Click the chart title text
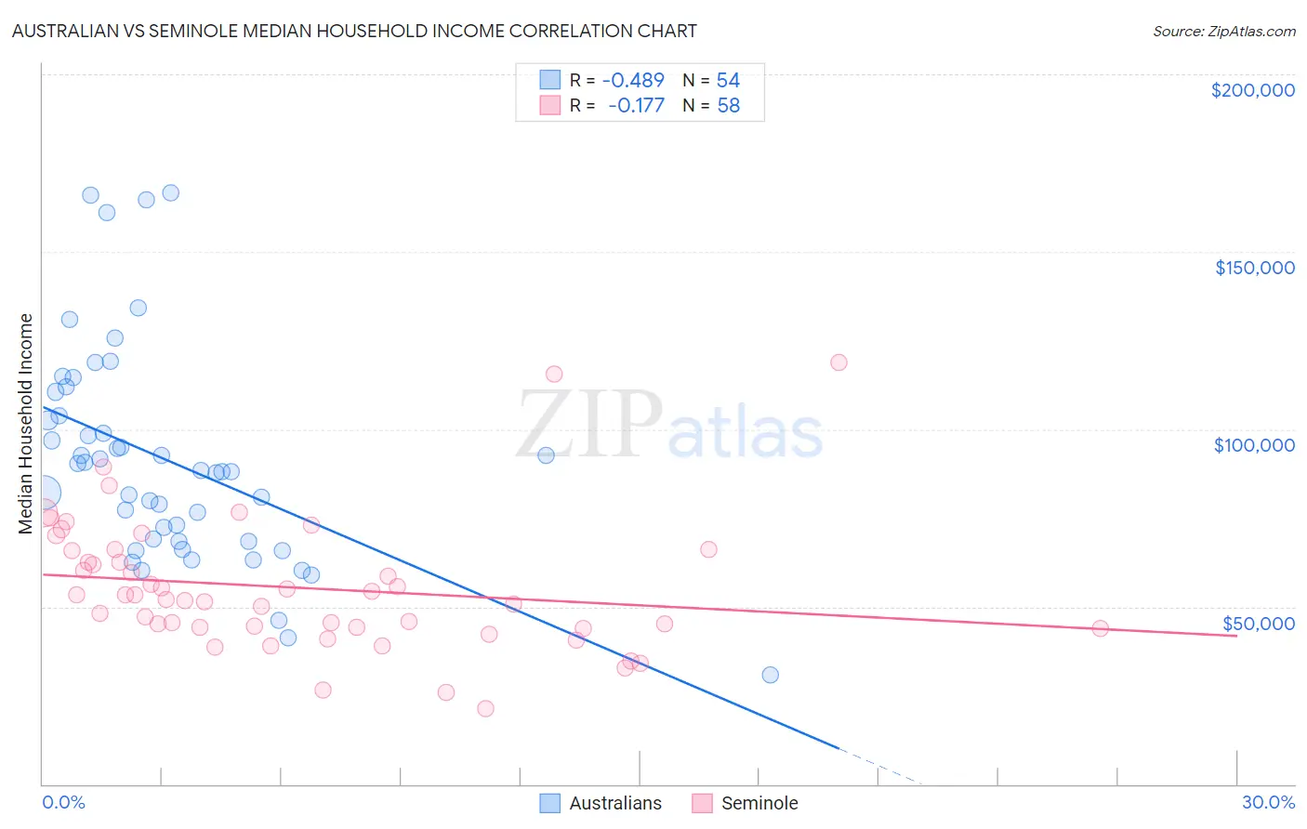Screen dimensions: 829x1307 click(354, 31)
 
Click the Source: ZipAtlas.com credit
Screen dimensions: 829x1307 click(1223, 31)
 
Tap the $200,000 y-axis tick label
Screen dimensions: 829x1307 click(1252, 90)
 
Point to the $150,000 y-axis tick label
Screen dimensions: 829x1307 click(1254, 268)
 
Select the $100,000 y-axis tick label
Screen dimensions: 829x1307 click(1254, 445)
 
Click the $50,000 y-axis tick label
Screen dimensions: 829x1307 click(1258, 623)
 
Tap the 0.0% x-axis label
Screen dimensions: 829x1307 click(63, 802)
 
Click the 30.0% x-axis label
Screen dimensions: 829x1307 click(1268, 802)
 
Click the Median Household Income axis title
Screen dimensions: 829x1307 click(26, 424)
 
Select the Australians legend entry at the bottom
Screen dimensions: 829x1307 click(601, 803)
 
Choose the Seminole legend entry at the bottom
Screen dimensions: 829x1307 click(746, 803)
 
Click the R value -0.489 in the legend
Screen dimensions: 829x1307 click(633, 81)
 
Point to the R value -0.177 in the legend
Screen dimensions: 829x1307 click(636, 106)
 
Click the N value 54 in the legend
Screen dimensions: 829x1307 click(728, 81)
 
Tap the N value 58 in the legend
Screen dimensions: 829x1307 click(728, 106)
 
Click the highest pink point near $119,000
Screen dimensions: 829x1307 click(838, 362)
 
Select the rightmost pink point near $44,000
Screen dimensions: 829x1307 click(1100, 628)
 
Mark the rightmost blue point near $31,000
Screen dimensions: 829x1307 click(770, 675)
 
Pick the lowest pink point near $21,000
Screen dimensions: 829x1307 click(485, 708)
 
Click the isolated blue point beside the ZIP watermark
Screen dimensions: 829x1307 click(546, 455)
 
